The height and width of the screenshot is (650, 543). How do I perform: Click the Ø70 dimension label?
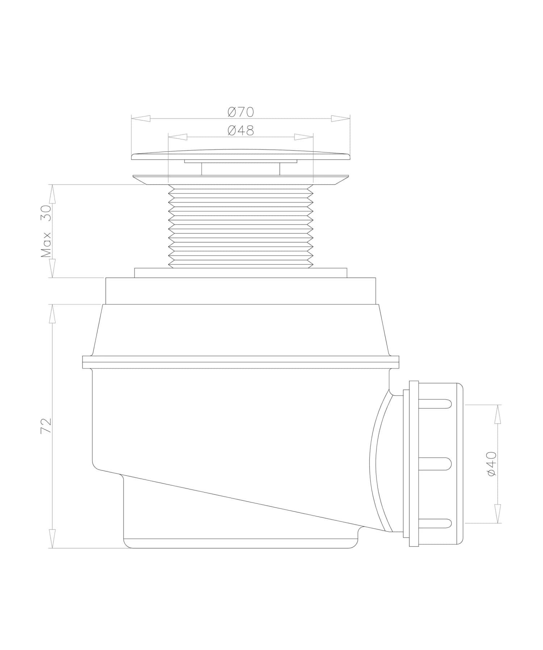pos(241,112)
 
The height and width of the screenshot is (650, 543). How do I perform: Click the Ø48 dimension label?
pos(241,130)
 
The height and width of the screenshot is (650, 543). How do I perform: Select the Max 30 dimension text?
pos(46,232)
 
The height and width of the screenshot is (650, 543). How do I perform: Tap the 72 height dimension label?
pos(46,426)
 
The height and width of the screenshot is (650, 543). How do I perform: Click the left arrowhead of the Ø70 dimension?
pos(141,118)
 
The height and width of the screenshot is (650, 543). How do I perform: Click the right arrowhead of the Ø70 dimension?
pos(341,118)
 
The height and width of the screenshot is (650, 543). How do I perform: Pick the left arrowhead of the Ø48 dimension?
pos(178,137)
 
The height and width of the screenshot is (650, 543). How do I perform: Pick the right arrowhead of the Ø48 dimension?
pos(304,137)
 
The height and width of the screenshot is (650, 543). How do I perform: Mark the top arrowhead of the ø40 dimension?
pos(498,414)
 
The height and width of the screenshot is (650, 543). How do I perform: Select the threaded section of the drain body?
pos(241,226)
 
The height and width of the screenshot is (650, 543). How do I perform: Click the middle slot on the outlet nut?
pos(435,464)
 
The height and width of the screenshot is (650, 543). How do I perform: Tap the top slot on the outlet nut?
pos(435,404)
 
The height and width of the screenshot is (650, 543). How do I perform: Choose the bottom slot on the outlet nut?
pos(435,523)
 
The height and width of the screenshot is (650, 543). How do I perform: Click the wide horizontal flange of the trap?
pos(241,362)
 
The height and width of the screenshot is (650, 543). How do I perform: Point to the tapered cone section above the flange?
pos(241,329)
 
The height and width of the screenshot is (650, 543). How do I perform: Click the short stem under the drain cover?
pos(241,169)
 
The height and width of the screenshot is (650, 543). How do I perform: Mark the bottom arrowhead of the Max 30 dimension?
pos(52,268)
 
